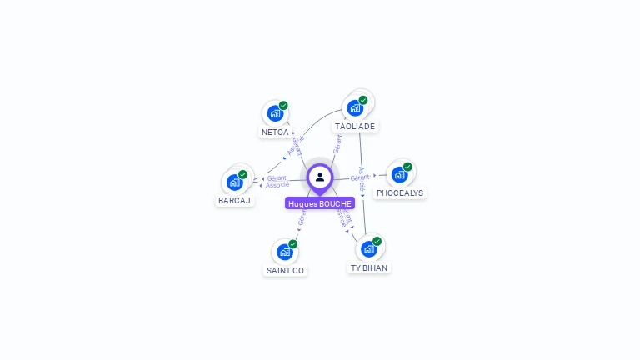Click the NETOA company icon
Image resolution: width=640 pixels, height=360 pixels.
(x=274, y=113)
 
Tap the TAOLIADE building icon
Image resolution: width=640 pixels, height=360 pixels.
(x=355, y=107)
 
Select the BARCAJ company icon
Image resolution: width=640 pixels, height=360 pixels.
(x=234, y=182)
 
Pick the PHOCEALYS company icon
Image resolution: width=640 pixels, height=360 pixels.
(x=399, y=174)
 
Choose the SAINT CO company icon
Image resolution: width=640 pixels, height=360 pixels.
(x=285, y=252)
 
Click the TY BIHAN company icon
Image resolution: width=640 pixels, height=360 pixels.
(x=368, y=248)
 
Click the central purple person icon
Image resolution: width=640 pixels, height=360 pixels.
(x=320, y=177)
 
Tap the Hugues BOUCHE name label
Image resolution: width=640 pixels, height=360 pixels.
(x=320, y=203)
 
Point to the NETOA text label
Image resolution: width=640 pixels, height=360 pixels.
(x=275, y=132)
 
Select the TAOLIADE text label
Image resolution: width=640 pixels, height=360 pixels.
(x=355, y=127)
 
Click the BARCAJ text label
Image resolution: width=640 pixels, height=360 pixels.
(x=234, y=201)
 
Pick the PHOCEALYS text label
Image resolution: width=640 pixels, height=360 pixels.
(x=400, y=193)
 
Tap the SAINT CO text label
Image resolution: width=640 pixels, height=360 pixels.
(x=285, y=271)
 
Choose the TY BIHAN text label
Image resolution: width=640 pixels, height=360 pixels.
(x=368, y=268)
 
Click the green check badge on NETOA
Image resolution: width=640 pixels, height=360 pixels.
(x=283, y=106)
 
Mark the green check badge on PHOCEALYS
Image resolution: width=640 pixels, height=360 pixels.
(x=407, y=167)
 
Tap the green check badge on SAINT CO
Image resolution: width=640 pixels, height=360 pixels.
(x=292, y=244)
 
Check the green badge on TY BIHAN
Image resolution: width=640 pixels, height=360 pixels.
(x=377, y=241)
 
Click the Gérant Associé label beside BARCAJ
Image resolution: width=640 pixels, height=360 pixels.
(x=277, y=182)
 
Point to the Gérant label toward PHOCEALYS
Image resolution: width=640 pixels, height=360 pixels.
(x=360, y=177)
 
